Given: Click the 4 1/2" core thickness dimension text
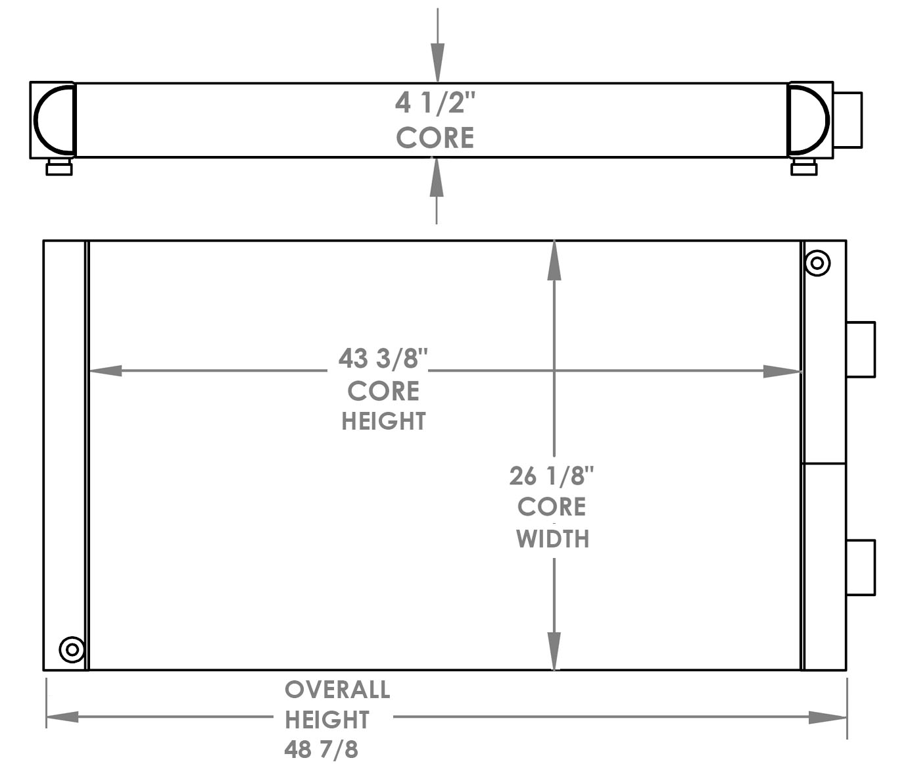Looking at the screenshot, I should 435,103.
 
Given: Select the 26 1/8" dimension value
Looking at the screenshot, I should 552,476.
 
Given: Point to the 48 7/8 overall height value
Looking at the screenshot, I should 322,749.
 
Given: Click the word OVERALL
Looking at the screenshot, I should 337,690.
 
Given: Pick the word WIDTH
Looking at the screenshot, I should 552,539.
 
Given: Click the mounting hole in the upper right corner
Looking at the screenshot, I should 817,263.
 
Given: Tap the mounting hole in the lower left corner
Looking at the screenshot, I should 72,650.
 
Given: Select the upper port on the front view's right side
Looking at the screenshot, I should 860,349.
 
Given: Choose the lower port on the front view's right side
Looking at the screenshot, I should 860,567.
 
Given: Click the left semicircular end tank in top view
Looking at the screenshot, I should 55,120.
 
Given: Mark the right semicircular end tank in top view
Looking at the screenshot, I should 809,120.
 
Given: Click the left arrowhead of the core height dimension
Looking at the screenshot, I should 105,371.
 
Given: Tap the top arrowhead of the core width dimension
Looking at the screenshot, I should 554,261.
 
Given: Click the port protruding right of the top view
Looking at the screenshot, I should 848,120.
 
